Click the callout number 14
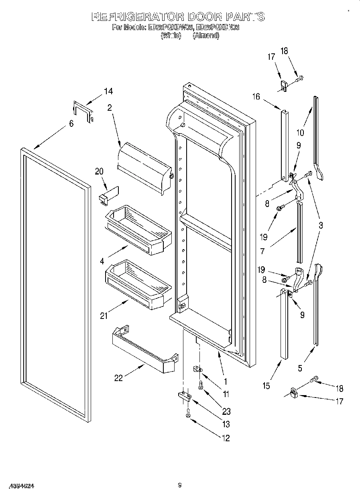click(108, 91)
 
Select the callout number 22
click(118, 378)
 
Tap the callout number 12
click(226, 438)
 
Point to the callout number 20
click(99, 171)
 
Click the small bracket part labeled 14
click(83, 112)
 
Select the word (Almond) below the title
click(206, 36)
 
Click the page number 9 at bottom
click(180, 486)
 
